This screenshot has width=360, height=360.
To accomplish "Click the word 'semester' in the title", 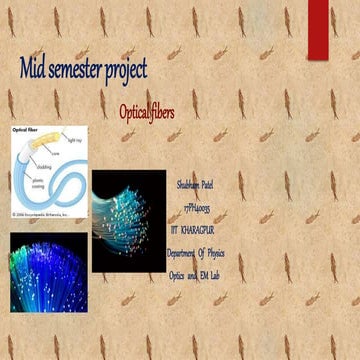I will [77, 69].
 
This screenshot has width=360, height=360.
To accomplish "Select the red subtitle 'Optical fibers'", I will [147, 112].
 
